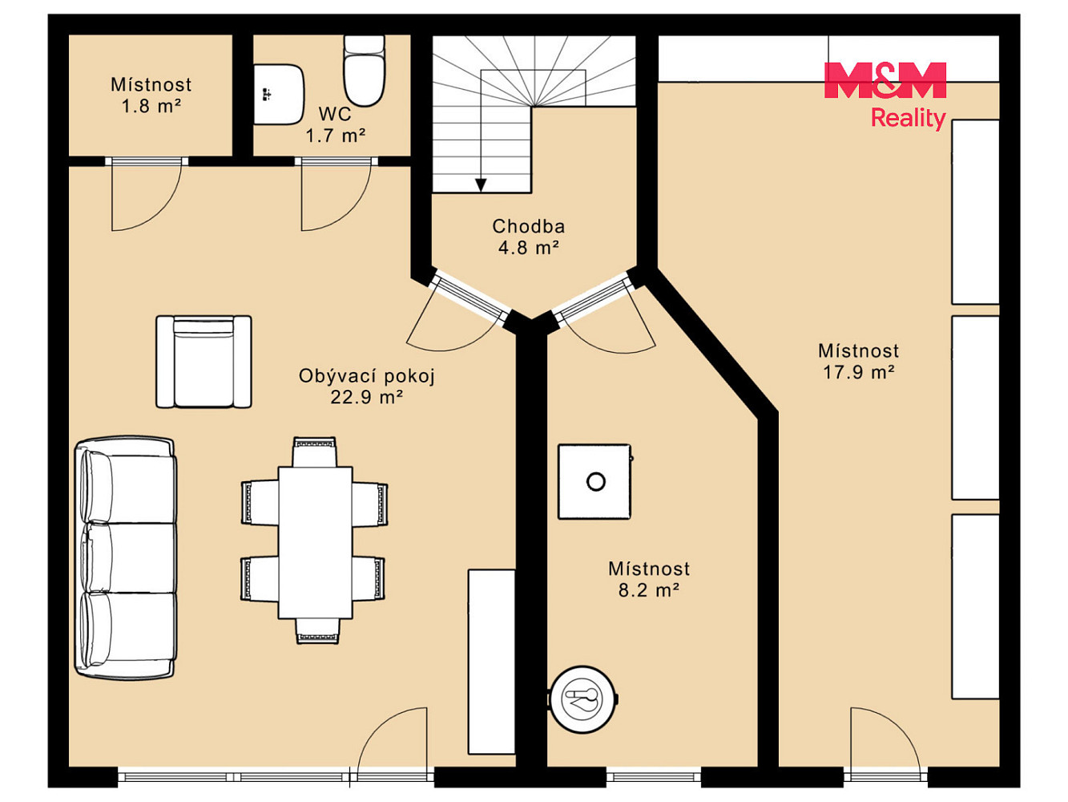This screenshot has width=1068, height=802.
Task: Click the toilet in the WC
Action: pyautogui.click(x=364, y=70)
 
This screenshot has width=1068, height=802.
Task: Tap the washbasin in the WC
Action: pyautogui.click(x=279, y=94)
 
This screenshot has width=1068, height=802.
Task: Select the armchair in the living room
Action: pyautogui.click(x=204, y=362)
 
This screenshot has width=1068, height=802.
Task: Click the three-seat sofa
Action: pyautogui.click(x=126, y=557)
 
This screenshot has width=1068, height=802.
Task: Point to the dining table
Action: pyautogui.click(x=316, y=542)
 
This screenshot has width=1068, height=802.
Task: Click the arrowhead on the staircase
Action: pyautogui.click(x=481, y=185)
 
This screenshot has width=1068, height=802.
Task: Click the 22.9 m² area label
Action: pyautogui.click(x=367, y=398)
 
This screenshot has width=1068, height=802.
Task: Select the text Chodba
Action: pyautogui.click(x=529, y=226)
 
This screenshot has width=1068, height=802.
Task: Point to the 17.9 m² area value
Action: pyautogui.click(x=859, y=372)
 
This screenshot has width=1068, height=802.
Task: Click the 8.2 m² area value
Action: pyautogui.click(x=649, y=590)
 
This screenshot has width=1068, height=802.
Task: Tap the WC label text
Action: pyautogui.click(x=335, y=115)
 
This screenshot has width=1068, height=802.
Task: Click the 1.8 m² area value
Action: pyautogui.click(x=151, y=106)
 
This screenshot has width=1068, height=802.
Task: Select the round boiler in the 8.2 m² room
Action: pyautogui.click(x=583, y=699)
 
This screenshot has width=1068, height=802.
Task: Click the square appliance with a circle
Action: pyautogui.click(x=595, y=481)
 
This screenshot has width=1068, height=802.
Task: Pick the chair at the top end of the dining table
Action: pyautogui.click(x=315, y=452)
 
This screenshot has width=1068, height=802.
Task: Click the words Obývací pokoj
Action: pyautogui.click(x=367, y=376)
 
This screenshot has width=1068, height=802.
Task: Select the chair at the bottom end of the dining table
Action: pyautogui.click(x=318, y=631)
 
